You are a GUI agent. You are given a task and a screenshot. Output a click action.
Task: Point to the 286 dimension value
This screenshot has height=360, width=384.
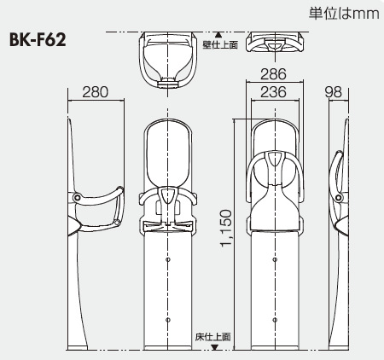click(272, 75)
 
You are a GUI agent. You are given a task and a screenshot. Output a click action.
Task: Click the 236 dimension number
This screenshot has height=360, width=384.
click(272, 92)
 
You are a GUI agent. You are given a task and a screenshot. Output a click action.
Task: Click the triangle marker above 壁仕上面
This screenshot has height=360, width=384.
click(218, 34)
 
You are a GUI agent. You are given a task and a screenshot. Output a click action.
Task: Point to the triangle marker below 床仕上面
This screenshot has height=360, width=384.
click(217, 346)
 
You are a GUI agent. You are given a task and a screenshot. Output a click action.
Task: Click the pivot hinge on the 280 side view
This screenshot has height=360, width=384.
click(78, 198)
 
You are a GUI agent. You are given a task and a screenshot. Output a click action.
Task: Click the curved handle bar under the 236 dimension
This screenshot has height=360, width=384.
click(272, 167)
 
